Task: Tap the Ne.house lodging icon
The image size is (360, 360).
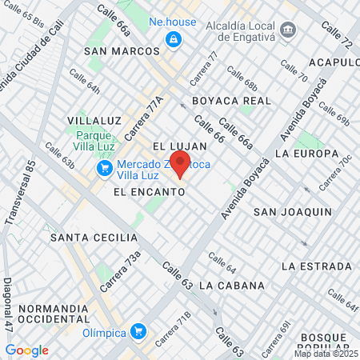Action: click(x=172, y=38)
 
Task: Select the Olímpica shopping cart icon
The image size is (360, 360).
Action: click(x=138, y=330)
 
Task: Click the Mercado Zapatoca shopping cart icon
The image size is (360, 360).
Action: click(x=103, y=168)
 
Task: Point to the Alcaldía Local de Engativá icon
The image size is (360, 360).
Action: click(x=288, y=30)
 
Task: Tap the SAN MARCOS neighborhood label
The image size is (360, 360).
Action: click(x=126, y=50)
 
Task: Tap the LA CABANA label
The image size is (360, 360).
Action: click(x=232, y=285)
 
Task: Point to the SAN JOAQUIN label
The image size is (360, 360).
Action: click(x=292, y=211)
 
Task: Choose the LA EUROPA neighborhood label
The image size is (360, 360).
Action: click(x=305, y=153)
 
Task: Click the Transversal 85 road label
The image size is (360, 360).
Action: click(x=20, y=193)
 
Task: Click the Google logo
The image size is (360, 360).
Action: click(x=26, y=350)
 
